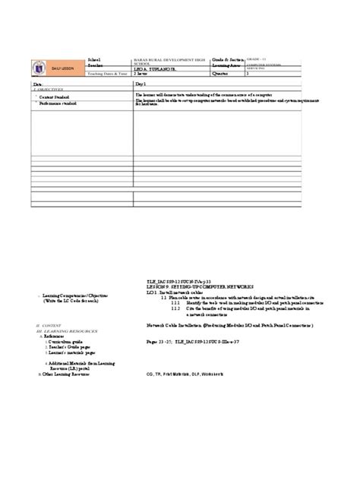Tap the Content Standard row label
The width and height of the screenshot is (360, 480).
click(x=54, y=97)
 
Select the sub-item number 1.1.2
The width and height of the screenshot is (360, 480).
click(x=176, y=310)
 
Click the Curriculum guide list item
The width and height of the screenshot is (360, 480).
click(x=65, y=343)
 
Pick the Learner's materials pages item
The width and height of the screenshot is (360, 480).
click(x=70, y=354)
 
